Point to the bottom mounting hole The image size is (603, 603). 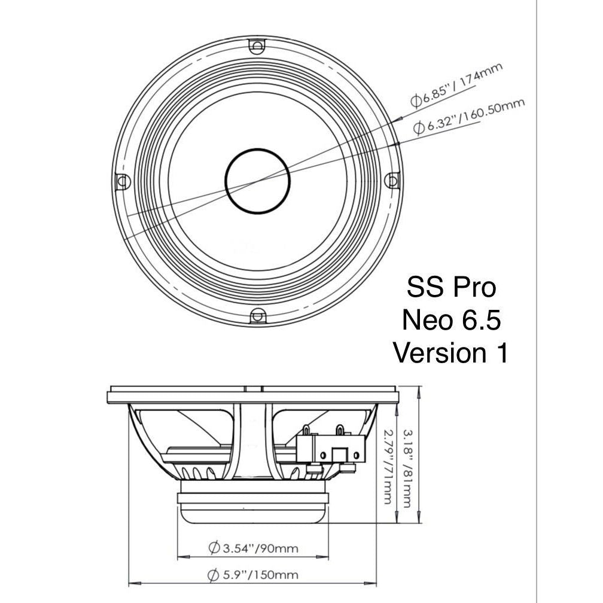click(257, 315)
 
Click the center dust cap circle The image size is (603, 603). click(257, 180)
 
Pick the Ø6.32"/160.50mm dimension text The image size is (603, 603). click(469, 116)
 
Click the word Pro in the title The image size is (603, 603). click(473, 288)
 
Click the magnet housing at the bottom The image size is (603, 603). click(254, 507)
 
